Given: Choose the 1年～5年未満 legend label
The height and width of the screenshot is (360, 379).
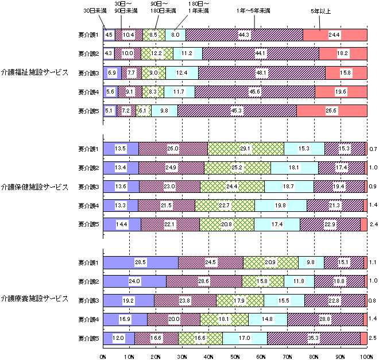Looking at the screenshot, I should point(253,10).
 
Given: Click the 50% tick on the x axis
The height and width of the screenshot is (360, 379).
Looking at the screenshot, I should point(235,355).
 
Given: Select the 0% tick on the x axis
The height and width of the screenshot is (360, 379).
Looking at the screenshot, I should point(103,355).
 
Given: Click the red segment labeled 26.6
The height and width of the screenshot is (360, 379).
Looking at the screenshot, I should point(331,111).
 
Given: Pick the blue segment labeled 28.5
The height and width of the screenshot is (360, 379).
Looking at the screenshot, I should point(140,262).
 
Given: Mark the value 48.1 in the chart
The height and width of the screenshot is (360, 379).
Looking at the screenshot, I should point(261,73).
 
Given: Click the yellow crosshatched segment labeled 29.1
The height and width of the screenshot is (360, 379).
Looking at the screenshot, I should point(246,148).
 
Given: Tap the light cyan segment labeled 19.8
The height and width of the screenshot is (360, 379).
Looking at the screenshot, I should point(280,205).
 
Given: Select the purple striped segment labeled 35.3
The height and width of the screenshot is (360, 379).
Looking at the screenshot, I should point(314,338).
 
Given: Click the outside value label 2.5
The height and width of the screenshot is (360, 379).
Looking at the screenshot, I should point(373,338).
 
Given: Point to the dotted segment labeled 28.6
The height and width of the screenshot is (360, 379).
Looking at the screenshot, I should point(204,281).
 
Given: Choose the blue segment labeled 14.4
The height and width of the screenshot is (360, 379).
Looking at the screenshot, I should point(122,224).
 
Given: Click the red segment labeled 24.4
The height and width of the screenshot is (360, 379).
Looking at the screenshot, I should point(334,35).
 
